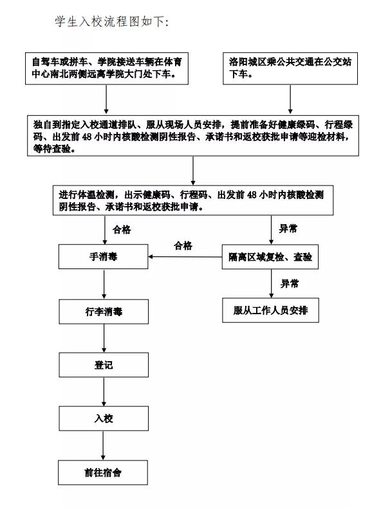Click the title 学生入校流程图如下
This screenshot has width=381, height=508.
point(112,22)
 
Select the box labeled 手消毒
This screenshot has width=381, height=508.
point(104,257)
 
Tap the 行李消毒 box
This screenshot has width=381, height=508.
point(104,312)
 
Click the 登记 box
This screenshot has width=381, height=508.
point(104,365)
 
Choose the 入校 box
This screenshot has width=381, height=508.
point(104,419)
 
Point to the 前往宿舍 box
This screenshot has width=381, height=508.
point(103,473)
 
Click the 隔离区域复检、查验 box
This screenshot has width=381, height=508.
point(270,257)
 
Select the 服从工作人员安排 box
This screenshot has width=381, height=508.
point(270,310)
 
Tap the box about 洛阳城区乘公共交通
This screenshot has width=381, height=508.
point(290,68)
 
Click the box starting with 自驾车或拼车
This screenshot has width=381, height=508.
point(107,68)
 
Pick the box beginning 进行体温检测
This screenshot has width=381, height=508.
point(193,200)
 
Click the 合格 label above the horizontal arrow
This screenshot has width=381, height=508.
point(183,245)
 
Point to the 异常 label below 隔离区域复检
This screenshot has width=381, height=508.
point(290,284)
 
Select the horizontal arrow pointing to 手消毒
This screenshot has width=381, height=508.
point(185,257)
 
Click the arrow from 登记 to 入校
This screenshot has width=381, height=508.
point(104,391)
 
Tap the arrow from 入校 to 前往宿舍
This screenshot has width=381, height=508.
point(104,446)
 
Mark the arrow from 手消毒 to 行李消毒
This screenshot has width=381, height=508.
point(104,284)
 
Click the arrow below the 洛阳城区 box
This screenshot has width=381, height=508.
point(290,99)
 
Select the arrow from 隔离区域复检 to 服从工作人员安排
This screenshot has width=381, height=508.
point(272,283)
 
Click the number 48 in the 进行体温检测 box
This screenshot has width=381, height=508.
point(252,194)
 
